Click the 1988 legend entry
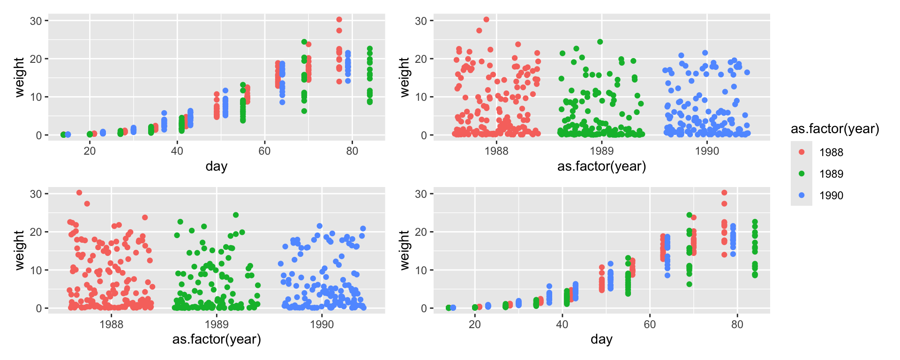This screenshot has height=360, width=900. click(x=831, y=152)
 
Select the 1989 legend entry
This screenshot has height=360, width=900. click(x=831, y=174)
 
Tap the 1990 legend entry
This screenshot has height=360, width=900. click(x=831, y=195)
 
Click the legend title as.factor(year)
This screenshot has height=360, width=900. click(x=835, y=129)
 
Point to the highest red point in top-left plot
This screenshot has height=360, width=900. click(x=339, y=20)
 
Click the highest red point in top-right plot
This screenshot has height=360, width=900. click(x=486, y=20)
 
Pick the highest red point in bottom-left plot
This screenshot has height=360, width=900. click(x=79, y=193)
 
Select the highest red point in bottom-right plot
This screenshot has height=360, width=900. click(x=724, y=193)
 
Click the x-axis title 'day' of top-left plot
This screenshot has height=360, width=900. click(x=217, y=166)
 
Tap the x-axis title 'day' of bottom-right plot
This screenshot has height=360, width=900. click(x=601, y=339)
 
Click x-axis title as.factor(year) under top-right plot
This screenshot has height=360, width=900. click(x=601, y=166)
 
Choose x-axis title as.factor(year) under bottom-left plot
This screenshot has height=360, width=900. click(x=217, y=339)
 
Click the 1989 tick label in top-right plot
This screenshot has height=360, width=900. click(x=601, y=151)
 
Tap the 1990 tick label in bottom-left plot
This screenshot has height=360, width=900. click(x=322, y=324)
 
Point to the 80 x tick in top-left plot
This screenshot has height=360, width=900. click(x=352, y=151)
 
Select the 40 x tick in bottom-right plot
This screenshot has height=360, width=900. click(x=562, y=324)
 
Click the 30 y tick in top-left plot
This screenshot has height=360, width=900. click(x=36, y=21)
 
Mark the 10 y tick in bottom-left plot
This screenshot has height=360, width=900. click(x=36, y=270)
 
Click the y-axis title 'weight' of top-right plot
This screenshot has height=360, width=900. click(x=405, y=77)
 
